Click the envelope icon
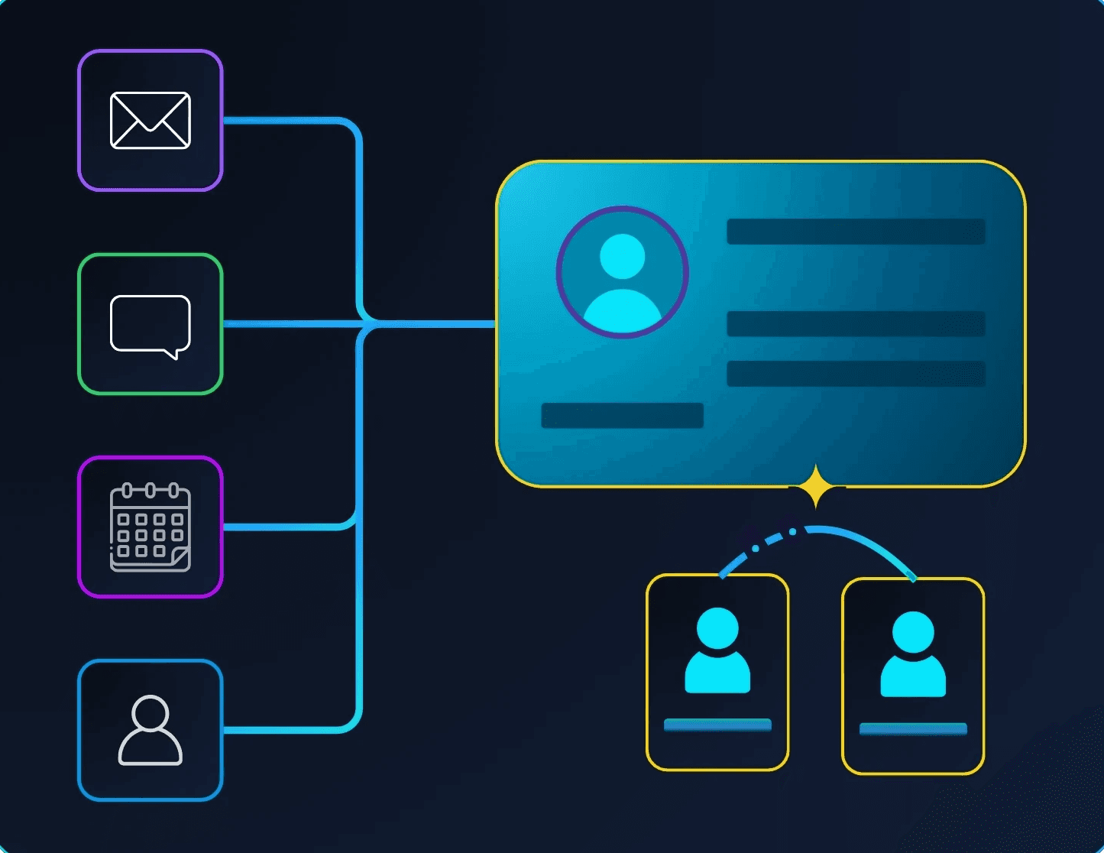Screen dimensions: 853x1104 [x=151, y=121]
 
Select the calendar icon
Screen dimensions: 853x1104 [x=151, y=527]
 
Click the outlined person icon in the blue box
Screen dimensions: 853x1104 [x=151, y=730]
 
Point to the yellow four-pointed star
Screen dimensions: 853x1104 [x=816, y=486]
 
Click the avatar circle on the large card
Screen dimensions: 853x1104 [x=623, y=272]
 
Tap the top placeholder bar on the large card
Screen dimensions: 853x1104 [x=856, y=232]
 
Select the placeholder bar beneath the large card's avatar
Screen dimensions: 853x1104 [x=622, y=416]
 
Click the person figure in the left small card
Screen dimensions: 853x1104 [x=717, y=650]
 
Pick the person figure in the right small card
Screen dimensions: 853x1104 [x=913, y=654]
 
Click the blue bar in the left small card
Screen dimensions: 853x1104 [x=717, y=725]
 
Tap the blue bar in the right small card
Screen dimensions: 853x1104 [x=913, y=728]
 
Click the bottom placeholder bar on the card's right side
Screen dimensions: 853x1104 [x=856, y=374]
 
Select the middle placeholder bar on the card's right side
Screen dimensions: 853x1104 [x=856, y=324]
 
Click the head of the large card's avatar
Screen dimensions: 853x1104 [x=623, y=256]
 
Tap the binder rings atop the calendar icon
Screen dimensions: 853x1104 [x=151, y=490]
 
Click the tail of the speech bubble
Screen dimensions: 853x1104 [x=175, y=353]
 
